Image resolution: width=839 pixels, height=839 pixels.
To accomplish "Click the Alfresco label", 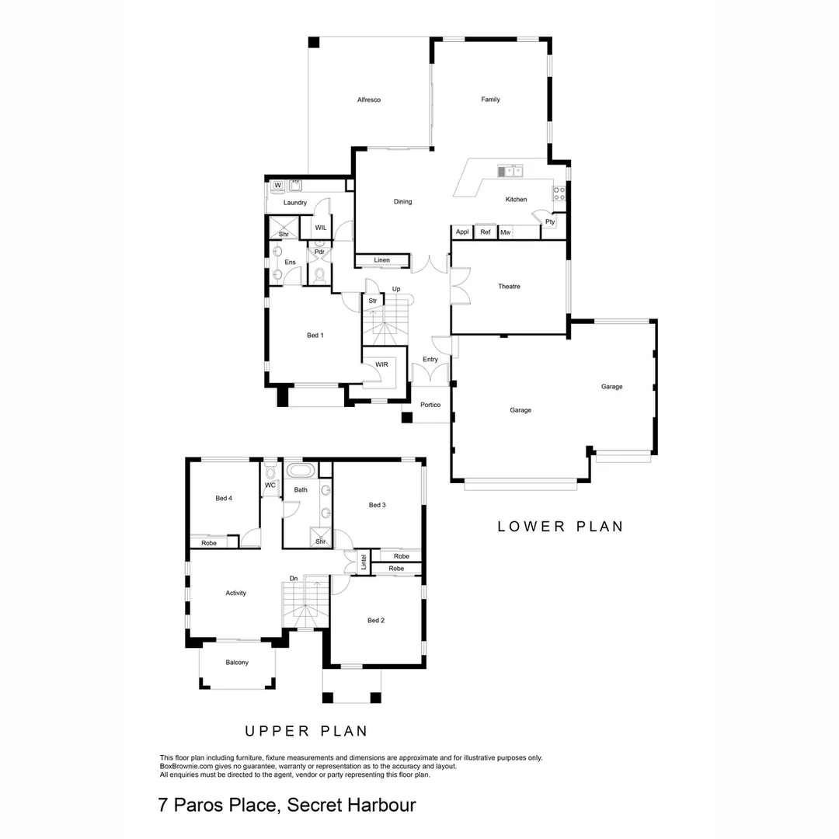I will [x=368, y=99].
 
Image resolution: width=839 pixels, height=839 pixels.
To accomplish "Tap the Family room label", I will [x=490, y=99].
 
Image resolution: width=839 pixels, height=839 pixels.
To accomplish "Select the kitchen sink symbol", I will [x=510, y=171].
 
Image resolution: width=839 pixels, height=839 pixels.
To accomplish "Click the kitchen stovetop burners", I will [x=559, y=192].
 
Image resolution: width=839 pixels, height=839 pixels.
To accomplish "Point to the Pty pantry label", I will [x=550, y=222].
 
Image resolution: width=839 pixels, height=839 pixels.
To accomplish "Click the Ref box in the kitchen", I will [x=486, y=232].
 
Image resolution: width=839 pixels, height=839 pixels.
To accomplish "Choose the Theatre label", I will [x=509, y=287].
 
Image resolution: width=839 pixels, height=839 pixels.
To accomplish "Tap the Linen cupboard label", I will [x=381, y=259].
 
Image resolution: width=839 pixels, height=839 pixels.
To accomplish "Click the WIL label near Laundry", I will [x=320, y=228].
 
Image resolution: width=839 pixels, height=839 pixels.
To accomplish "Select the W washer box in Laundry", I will [x=277, y=185].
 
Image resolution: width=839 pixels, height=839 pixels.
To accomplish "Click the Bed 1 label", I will [x=315, y=336].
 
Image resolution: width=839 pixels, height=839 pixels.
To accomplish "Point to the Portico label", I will [x=430, y=405].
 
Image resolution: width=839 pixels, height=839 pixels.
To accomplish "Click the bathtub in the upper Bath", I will [x=300, y=471].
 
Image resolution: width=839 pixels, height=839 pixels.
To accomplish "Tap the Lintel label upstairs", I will [x=363, y=561].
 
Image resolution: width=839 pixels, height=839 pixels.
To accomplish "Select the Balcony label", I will [x=237, y=662].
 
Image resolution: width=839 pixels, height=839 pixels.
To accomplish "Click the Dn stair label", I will [x=294, y=578].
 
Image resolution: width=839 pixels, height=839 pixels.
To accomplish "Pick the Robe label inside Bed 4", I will [x=209, y=543].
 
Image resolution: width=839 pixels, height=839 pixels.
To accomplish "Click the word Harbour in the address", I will [x=376, y=805].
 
